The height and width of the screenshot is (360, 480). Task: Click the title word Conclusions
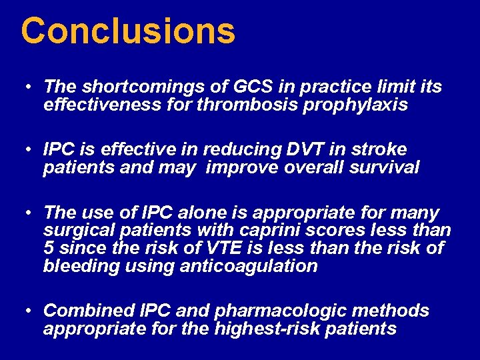click(128, 31)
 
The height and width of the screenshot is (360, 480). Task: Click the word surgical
click(76, 231)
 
